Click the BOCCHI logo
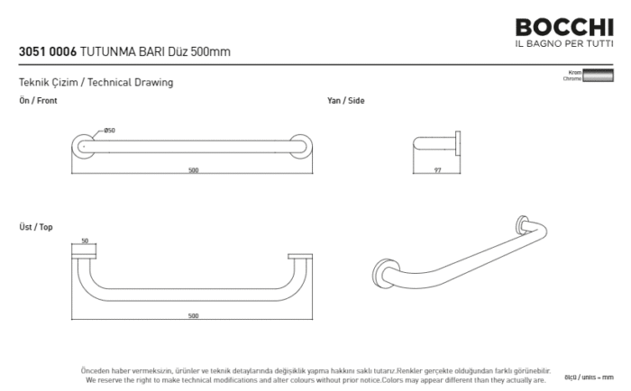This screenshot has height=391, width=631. [563, 27]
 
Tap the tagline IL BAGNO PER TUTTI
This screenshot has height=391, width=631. [563, 44]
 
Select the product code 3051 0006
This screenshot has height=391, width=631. [48, 52]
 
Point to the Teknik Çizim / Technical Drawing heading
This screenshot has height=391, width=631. [96, 83]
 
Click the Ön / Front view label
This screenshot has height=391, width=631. [38, 101]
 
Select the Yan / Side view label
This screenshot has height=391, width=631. [345, 101]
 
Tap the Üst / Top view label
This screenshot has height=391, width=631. [36, 227]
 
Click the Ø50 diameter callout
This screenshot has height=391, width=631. [109, 131]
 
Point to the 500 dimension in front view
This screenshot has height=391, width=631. [193, 171]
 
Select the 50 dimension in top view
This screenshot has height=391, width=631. [85, 241]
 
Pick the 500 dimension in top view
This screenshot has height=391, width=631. [193, 316]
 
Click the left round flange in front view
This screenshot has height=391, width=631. [83, 145]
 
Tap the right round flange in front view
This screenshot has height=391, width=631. [302, 145]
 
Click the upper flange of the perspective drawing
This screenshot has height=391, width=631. [522, 225]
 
